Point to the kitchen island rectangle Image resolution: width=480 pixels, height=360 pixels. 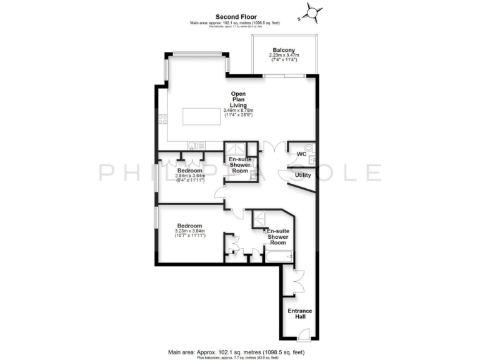pyautogui.click(x=202, y=117)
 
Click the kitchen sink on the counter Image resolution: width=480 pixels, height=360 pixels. pyautogui.click(x=197, y=146)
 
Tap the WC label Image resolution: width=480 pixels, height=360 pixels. pyautogui.click(x=301, y=154)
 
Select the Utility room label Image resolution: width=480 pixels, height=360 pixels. pyautogui.click(x=303, y=175)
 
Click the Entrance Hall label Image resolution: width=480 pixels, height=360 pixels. pyautogui.click(x=299, y=314)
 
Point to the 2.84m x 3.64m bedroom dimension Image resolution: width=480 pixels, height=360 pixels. pyautogui.click(x=189, y=177)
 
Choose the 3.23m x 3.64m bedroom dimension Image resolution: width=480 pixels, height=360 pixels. pyautogui.click(x=189, y=232)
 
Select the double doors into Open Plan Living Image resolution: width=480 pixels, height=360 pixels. pyautogui.click(x=270, y=148)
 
